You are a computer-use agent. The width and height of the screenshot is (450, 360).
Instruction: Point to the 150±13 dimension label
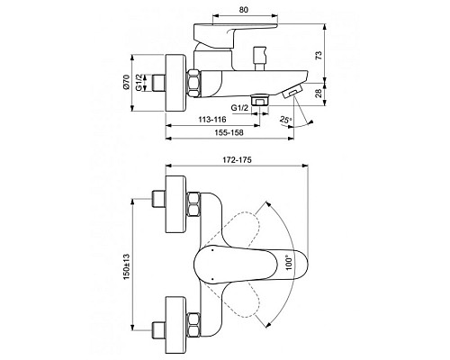pyautogui.click(x=129, y=264)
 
